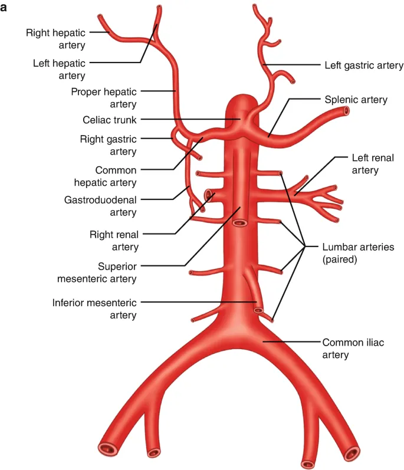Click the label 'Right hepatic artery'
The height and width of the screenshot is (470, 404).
click(55, 39)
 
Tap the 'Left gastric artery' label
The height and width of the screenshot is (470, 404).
click(364, 65)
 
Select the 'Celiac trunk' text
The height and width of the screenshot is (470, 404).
click(109, 120)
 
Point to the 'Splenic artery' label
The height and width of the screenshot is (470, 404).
click(356, 100)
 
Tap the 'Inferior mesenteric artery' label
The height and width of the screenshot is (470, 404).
click(94, 309)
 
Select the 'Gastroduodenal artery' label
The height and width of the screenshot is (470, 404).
click(100, 206)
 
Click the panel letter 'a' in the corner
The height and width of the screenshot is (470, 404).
click(4, 8)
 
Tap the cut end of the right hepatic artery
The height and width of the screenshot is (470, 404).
click(100, 18)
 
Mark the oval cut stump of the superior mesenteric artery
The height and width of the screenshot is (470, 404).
click(239, 223)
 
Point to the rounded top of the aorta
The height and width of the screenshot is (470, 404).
click(240, 98)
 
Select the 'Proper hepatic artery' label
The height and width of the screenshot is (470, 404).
click(103, 98)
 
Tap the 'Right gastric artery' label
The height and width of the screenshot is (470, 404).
click(108, 145)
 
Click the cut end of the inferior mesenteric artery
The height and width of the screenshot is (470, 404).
click(258, 310)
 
